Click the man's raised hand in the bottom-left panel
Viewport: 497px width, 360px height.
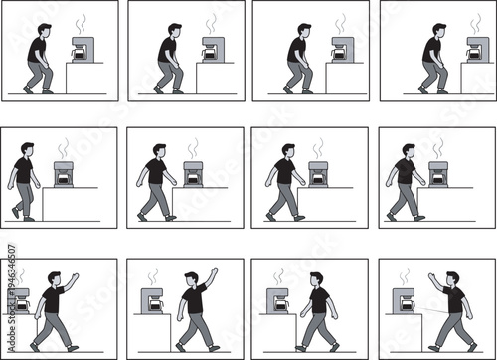[x=75, y=276]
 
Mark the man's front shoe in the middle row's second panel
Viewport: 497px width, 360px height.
[x=171, y=217]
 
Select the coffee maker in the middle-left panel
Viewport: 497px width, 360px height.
[x=66, y=175]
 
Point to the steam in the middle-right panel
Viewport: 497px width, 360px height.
[x=437, y=148]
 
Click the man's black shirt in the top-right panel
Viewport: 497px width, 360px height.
[x=431, y=50]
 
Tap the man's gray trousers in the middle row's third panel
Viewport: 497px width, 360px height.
[x=283, y=199]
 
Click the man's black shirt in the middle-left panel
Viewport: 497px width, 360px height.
[x=25, y=171]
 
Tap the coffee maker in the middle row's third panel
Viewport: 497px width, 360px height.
[x=319, y=174]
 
